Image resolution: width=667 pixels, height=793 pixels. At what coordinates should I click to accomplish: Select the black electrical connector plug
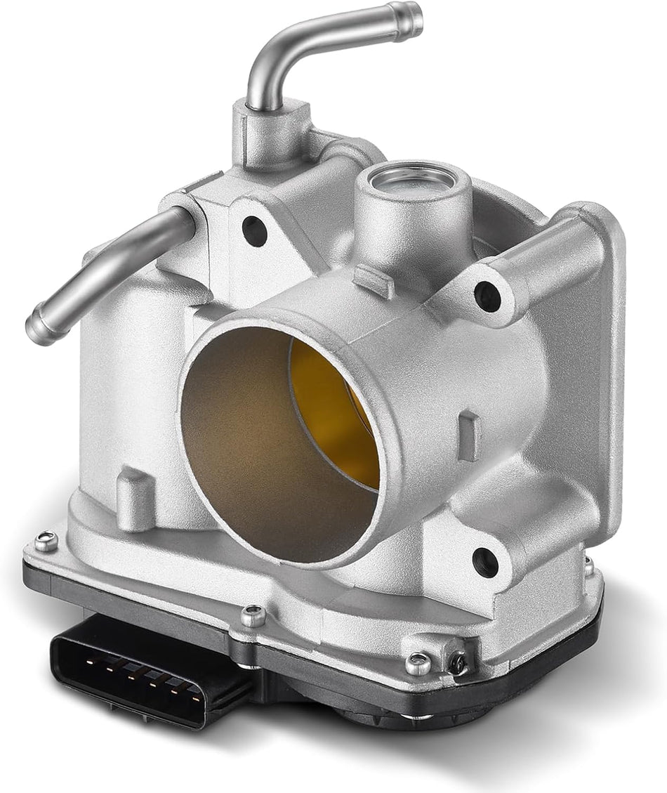(140, 668)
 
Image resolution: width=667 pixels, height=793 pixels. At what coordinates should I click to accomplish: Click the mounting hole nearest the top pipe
(253, 230)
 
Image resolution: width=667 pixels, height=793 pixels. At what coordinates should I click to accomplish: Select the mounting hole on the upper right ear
(487, 296)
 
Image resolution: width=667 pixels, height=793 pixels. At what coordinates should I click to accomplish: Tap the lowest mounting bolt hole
(485, 562)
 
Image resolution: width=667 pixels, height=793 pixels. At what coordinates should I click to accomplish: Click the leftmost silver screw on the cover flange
(46, 541)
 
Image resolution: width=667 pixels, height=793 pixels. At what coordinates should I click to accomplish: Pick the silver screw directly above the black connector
(253, 615)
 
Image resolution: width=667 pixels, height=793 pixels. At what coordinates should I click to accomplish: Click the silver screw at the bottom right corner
(418, 662)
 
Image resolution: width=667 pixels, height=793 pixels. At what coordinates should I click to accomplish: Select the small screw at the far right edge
(588, 565)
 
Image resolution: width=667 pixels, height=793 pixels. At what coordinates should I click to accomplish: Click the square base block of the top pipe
(270, 133)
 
